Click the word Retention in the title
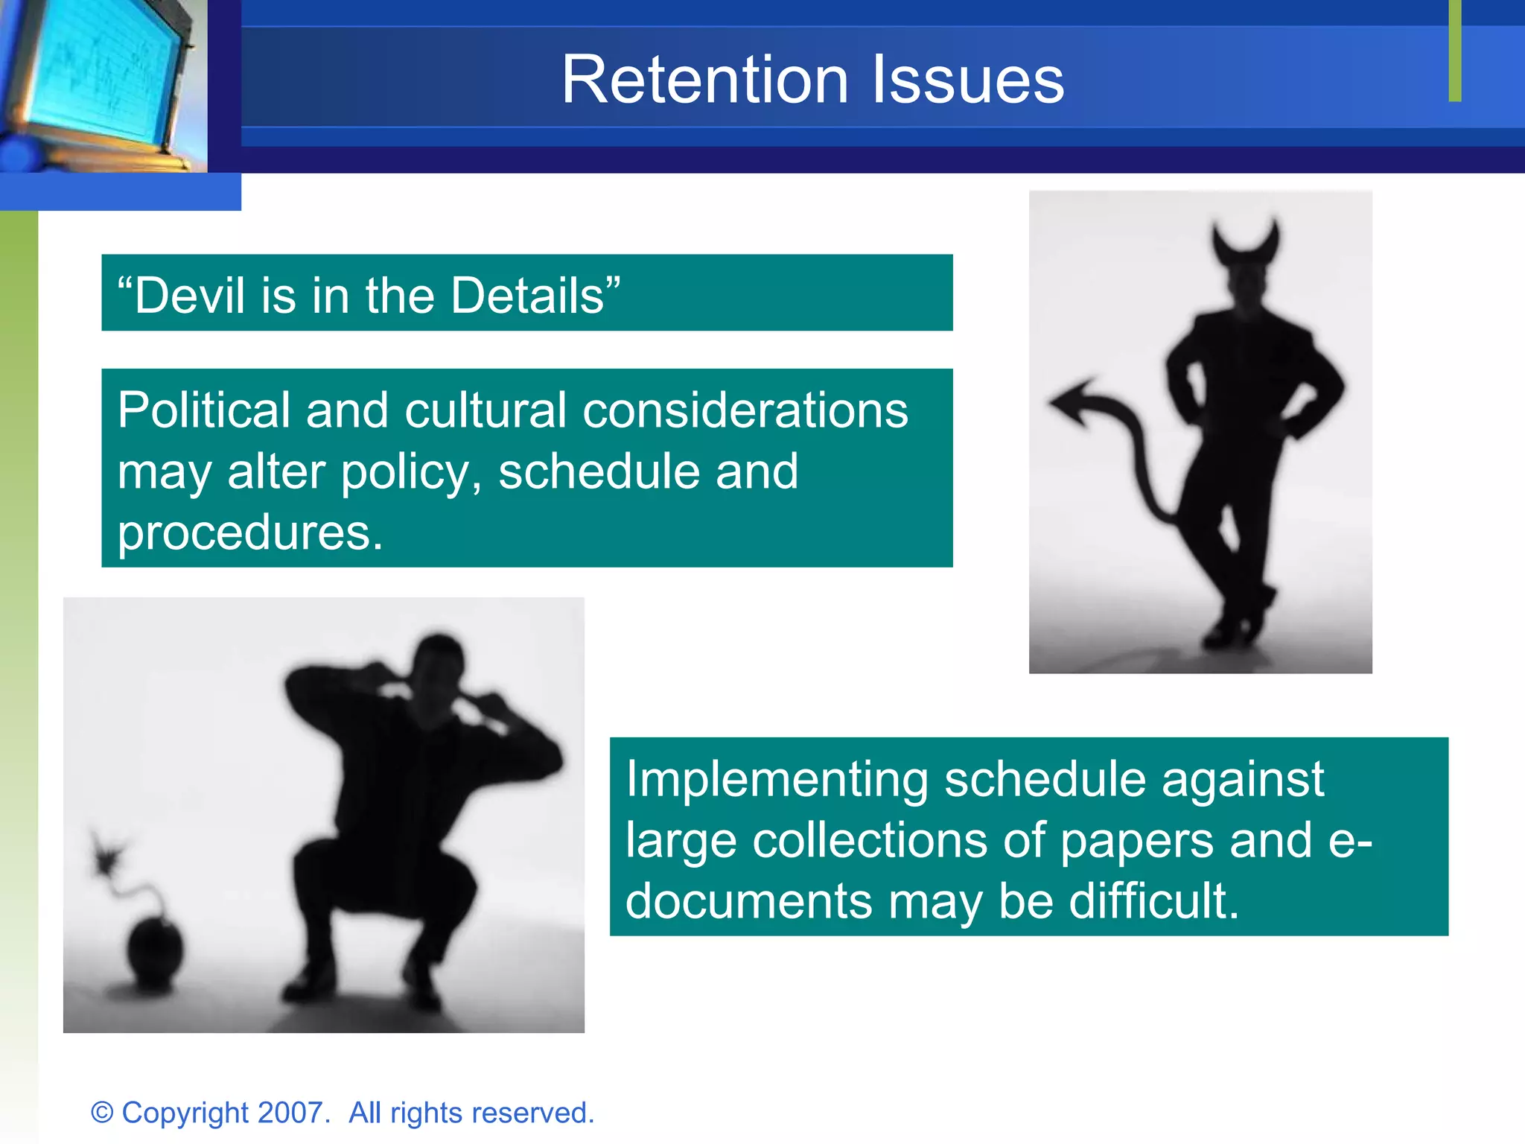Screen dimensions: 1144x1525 tap(704, 80)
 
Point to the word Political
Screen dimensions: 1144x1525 tap(203, 411)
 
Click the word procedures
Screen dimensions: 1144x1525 tap(250, 533)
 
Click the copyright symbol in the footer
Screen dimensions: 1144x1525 tap(102, 1113)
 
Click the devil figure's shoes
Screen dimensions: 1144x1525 tap(1240, 626)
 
